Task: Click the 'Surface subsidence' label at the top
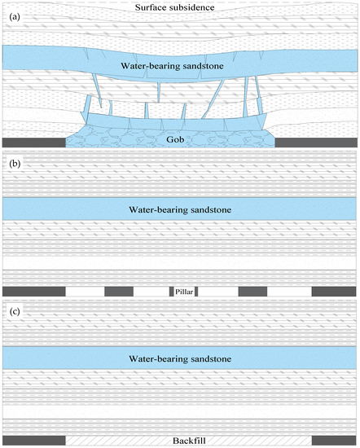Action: pyautogui.click(x=179, y=8)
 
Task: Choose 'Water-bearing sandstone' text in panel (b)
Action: pyautogui.click(x=180, y=209)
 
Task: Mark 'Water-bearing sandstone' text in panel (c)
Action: pyautogui.click(x=180, y=358)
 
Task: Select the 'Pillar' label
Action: pyautogui.click(x=181, y=291)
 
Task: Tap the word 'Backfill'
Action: pyautogui.click(x=180, y=440)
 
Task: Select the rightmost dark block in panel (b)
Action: pyautogui.click(x=334, y=291)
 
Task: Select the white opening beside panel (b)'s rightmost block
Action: pyautogui.click(x=289, y=291)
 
